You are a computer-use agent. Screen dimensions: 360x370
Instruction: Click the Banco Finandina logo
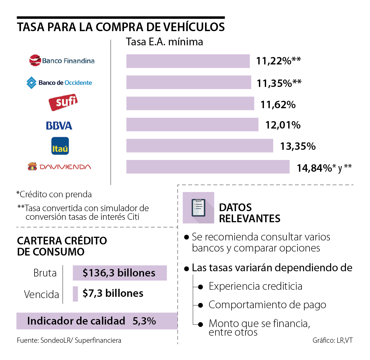(62, 61)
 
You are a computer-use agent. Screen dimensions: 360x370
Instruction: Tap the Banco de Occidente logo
(59, 83)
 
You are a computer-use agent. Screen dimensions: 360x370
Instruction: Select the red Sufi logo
(63, 102)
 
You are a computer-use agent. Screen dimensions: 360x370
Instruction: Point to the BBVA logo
(59, 125)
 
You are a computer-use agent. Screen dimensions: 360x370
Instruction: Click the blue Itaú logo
(60, 146)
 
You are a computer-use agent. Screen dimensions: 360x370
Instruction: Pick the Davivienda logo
(59, 167)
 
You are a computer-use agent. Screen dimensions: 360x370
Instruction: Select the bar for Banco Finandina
(188, 61)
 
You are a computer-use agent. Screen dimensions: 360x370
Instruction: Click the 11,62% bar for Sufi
(190, 104)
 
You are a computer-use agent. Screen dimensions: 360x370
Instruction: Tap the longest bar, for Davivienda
(208, 167)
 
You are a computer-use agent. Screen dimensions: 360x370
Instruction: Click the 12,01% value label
(283, 125)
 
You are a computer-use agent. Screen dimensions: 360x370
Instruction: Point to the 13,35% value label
(298, 146)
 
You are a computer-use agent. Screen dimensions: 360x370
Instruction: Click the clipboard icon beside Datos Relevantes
(198, 208)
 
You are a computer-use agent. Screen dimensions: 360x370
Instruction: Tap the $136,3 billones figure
(119, 273)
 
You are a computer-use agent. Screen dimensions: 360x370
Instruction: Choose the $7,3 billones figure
(113, 293)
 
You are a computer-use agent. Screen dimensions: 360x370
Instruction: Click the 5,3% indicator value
(144, 321)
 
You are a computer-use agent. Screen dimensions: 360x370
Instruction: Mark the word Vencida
(41, 294)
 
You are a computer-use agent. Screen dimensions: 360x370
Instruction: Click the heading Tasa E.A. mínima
(164, 42)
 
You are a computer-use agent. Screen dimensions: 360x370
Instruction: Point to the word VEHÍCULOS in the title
(194, 27)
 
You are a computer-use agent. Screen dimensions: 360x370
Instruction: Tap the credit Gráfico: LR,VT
(332, 340)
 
